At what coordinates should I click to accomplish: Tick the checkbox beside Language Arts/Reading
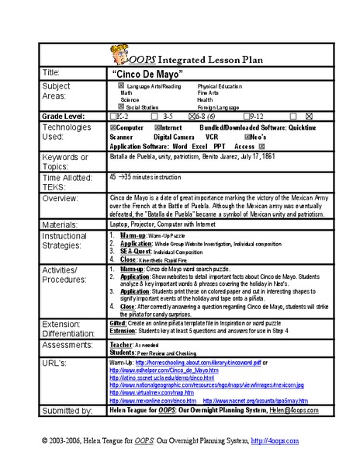120,85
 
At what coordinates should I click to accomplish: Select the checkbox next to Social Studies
120,106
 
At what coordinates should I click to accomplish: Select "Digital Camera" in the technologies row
174,135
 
